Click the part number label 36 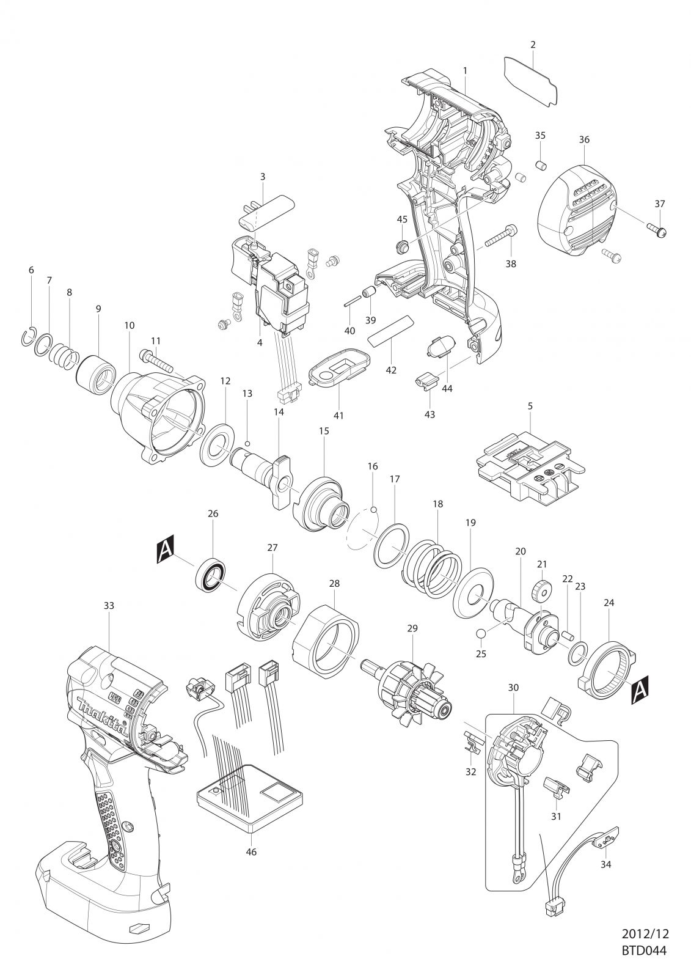click(x=584, y=140)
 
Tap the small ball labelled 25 click(x=481, y=633)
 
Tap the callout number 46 click(x=252, y=852)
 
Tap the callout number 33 click(x=109, y=606)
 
